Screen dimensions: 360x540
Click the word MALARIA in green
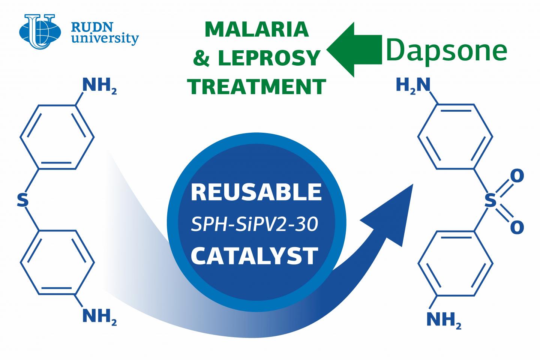tap(257, 30)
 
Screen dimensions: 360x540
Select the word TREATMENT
tap(257, 86)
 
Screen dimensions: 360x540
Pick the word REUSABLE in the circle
tap(256, 192)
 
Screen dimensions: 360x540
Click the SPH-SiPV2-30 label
tap(255, 224)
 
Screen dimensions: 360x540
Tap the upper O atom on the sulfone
tap(517, 176)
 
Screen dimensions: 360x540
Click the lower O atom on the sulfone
tap(517, 227)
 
